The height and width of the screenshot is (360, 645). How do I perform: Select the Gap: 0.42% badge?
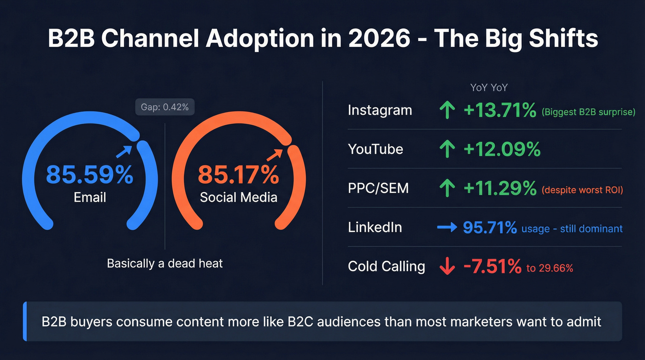(165, 107)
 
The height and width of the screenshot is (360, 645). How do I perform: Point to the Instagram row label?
(380, 111)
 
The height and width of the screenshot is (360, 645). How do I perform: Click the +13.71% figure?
(500, 111)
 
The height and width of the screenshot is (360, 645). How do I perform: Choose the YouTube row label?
(375, 149)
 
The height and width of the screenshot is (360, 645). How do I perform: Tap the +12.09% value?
(502, 149)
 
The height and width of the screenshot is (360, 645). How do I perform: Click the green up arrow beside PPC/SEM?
(447, 188)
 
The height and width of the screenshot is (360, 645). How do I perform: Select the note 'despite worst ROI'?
(582, 189)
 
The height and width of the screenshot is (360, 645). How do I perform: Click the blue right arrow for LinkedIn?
(447, 227)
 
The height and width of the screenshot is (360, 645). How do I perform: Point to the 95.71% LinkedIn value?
(490, 227)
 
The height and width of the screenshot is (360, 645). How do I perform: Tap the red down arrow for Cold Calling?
(447, 267)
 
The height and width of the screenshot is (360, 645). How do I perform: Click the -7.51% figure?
(493, 267)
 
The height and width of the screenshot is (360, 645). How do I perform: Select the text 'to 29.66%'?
(550, 268)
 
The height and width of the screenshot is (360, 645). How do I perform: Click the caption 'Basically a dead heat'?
(165, 263)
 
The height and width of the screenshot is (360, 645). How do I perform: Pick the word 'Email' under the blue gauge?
(90, 198)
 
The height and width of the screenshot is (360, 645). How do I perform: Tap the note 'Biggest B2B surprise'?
(588, 112)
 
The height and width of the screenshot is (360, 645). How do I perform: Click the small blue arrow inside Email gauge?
(123, 151)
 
